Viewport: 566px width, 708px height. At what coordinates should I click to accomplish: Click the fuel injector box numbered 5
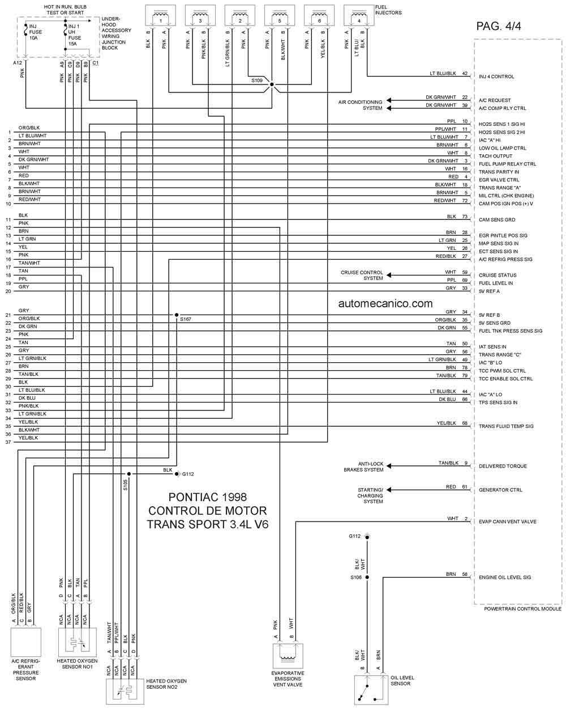[x=279, y=15]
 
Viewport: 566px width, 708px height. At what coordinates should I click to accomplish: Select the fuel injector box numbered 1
[x=160, y=15]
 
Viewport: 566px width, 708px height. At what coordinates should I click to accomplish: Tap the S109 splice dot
[x=272, y=84]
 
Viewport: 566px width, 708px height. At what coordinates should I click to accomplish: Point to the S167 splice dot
[x=177, y=315]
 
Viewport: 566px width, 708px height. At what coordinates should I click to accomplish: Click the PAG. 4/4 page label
[x=498, y=26]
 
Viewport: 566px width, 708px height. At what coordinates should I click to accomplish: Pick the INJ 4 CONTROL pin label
[x=496, y=77]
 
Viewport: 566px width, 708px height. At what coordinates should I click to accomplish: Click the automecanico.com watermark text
[x=385, y=303]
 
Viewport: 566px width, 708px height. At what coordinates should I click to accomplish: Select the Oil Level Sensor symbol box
[x=371, y=689]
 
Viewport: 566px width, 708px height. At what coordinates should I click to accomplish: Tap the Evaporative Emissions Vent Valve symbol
[x=288, y=656]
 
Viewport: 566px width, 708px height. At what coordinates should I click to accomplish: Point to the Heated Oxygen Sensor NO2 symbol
[x=125, y=691]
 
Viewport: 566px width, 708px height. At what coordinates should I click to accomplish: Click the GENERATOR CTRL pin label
[x=500, y=490]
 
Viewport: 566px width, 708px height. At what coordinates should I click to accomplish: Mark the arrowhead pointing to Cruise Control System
[x=389, y=275]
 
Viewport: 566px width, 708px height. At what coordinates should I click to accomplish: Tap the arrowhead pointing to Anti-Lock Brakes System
[x=389, y=466]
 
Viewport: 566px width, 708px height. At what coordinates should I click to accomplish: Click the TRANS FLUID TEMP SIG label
[x=506, y=426]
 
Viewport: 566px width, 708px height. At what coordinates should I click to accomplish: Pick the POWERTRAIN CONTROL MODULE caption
[x=522, y=609]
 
